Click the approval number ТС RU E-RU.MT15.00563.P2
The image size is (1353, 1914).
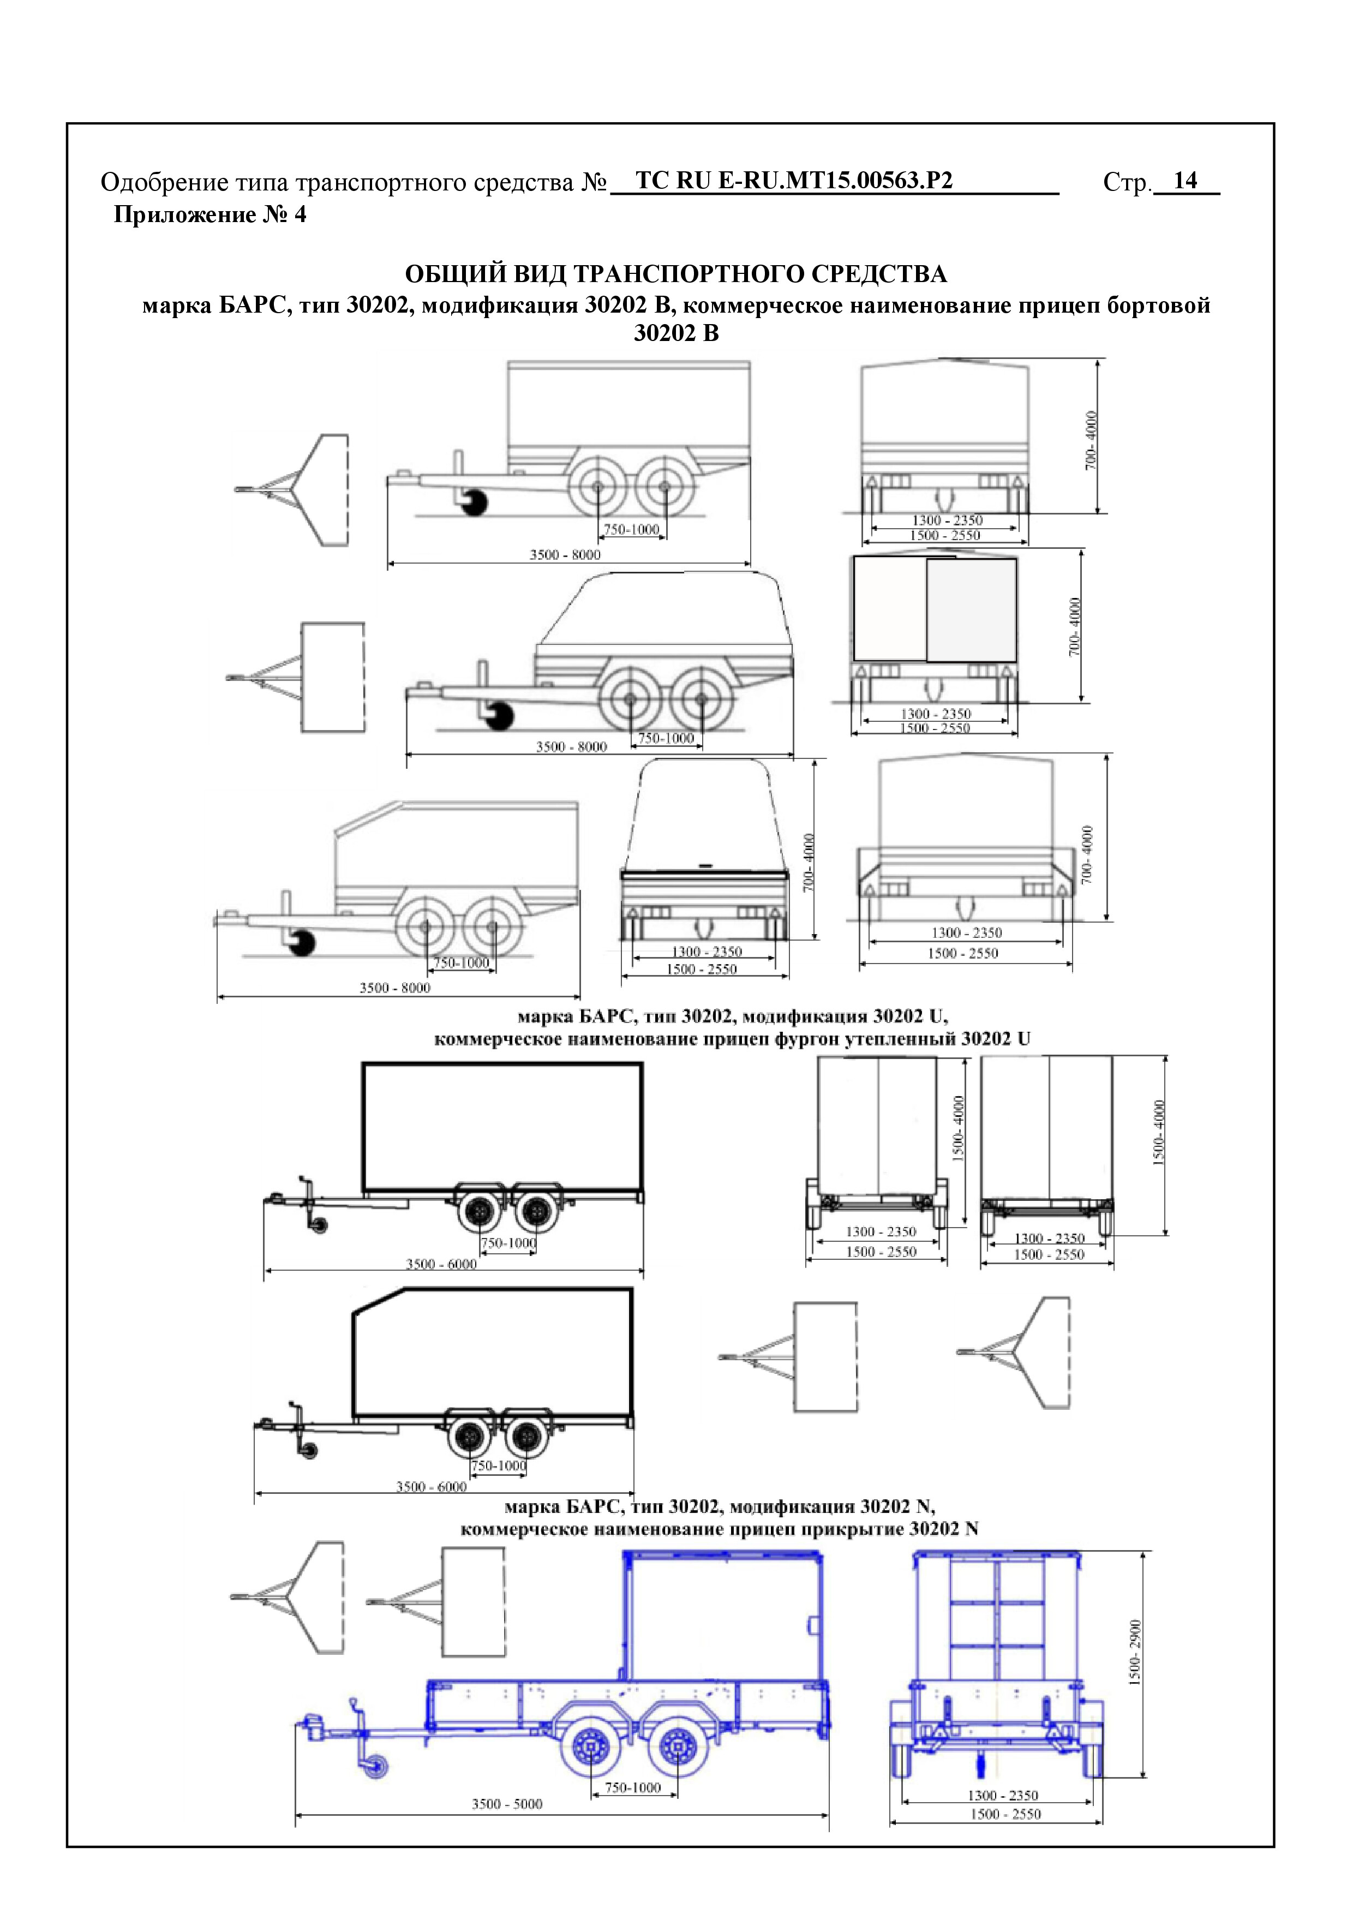point(794,181)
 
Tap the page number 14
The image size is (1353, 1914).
point(1184,181)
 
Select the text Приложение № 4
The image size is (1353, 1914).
point(209,215)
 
